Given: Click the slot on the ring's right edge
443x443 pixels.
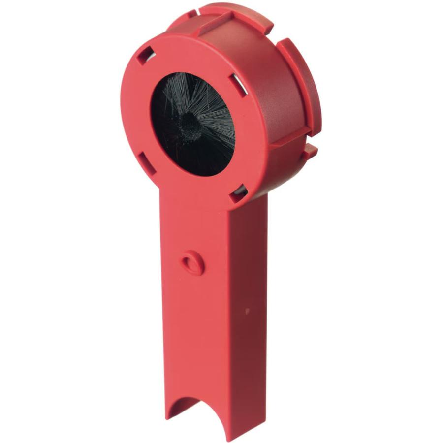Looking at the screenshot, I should tap(239, 86).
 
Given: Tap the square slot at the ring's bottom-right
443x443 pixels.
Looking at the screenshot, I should tap(239, 193).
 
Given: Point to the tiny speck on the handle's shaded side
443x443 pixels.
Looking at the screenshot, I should tap(247, 311).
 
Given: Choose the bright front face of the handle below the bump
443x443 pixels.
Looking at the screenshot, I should tap(197, 335).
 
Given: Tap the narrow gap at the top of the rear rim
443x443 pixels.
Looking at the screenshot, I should tap(201, 9).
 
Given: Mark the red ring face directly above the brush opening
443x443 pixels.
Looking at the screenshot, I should tap(192, 54).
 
